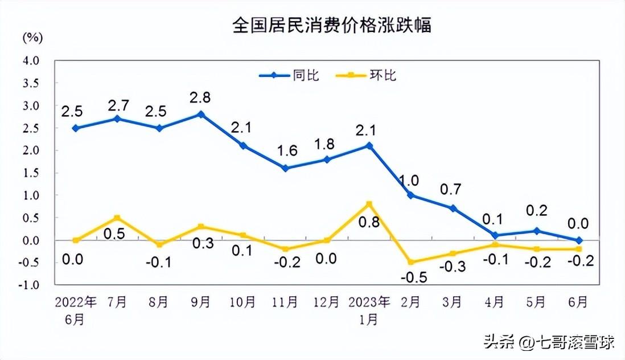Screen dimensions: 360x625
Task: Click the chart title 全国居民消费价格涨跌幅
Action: (332, 26)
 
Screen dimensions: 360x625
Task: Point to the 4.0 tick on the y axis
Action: (31, 60)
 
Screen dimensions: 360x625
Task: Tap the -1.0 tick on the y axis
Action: (30, 285)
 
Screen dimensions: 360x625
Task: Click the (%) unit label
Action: (32, 38)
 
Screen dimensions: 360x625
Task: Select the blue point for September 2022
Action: (200, 114)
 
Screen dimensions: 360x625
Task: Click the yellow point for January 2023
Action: (369, 204)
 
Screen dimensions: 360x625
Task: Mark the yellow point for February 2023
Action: (411, 263)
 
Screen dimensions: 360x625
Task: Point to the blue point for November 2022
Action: (285, 168)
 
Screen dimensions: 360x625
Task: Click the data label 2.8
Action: (200, 97)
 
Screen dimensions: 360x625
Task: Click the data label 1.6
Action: (286, 151)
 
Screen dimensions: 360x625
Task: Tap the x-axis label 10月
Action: (242, 302)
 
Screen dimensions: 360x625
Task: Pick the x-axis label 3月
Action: (453, 302)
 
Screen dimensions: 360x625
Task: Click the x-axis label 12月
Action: (327, 302)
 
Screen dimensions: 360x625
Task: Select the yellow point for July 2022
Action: (117, 218)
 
